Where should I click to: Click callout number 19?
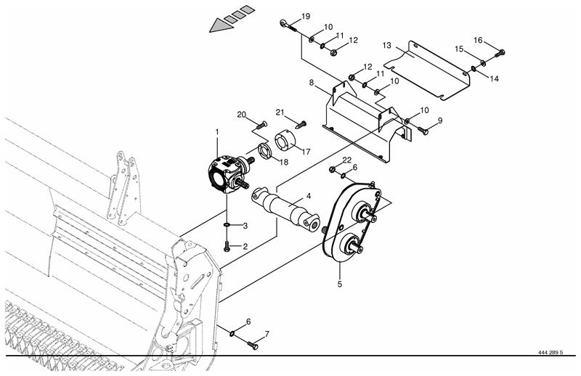pos(306,16)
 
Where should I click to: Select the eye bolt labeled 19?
pos(288,26)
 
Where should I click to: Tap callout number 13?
pos(387,45)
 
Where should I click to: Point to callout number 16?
pos(479,40)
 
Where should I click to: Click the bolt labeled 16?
pos(500,53)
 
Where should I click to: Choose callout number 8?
pos(312,82)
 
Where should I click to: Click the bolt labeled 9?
pos(423,130)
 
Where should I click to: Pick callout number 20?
pos(242,115)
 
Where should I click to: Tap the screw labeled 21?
pos(302,124)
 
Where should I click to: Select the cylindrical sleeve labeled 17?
pos(284,142)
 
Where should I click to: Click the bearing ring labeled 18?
pos(264,150)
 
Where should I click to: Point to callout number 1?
pos(217,132)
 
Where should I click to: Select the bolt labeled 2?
pos(227,246)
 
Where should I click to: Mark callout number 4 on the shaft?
pos(308,196)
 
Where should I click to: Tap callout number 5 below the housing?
pos(340,285)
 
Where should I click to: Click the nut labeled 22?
pos(333,169)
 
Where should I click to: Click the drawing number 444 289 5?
pos(550,352)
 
